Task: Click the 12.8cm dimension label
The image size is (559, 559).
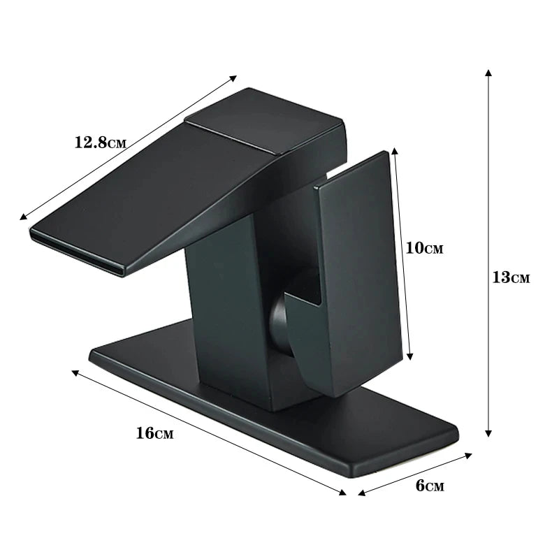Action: pyautogui.click(x=100, y=143)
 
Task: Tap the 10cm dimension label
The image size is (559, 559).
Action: pyautogui.click(x=424, y=248)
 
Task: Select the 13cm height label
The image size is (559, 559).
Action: pyautogui.click(x=511, y=277)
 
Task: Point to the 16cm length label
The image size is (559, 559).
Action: pyautogui.click(x=154, y=433)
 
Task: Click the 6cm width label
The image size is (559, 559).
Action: pyautogui.click(x=430, y=486)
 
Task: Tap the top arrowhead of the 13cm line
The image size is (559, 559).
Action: pyautogui.click(x=488, y=72)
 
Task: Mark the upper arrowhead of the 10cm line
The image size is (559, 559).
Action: pyautogui.click(x=395, y=150)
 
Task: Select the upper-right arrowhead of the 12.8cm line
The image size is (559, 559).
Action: pyautogui.click(x=234, y=78)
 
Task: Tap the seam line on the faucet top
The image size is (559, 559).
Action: pyautogui.click(x=231, y=138)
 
